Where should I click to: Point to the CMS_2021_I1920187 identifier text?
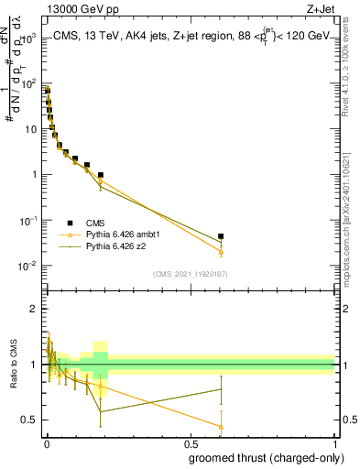point(191,274)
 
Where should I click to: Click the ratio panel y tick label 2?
point(34,309)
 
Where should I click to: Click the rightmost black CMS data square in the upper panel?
point(221,236)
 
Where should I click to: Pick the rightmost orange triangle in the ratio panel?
point(221,426)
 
